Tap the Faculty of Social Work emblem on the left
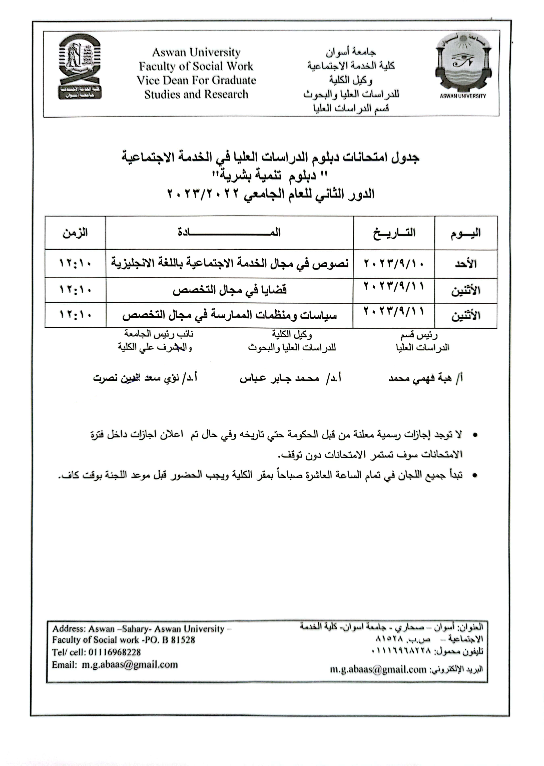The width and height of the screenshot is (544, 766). tap(80, 67)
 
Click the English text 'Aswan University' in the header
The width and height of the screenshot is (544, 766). tap(196, 53)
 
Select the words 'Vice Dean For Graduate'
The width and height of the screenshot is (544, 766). tap(196, 80)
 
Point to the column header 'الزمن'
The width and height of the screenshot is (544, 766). tap(75, 232)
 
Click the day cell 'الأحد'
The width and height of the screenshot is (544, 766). tap(466, 264)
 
